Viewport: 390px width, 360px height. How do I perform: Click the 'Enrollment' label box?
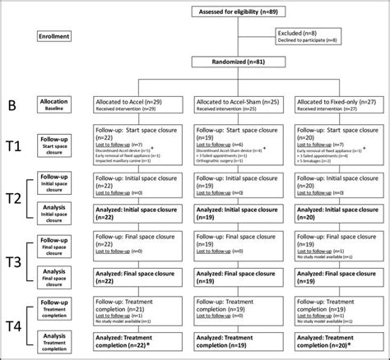(59, 37)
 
